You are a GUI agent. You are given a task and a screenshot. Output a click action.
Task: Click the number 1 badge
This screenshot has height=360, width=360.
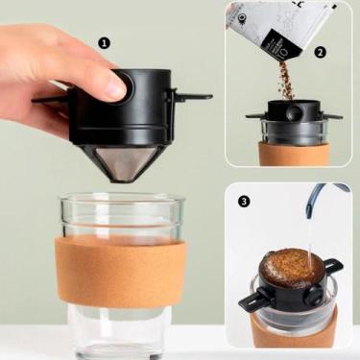click(105, 43)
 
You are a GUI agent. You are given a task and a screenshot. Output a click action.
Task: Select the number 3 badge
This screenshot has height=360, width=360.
click(245, 202)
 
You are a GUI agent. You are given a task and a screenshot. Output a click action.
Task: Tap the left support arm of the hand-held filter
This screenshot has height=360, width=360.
click(50, 98)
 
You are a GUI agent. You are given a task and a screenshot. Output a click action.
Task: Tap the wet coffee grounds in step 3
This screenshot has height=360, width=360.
click(292, 267)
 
